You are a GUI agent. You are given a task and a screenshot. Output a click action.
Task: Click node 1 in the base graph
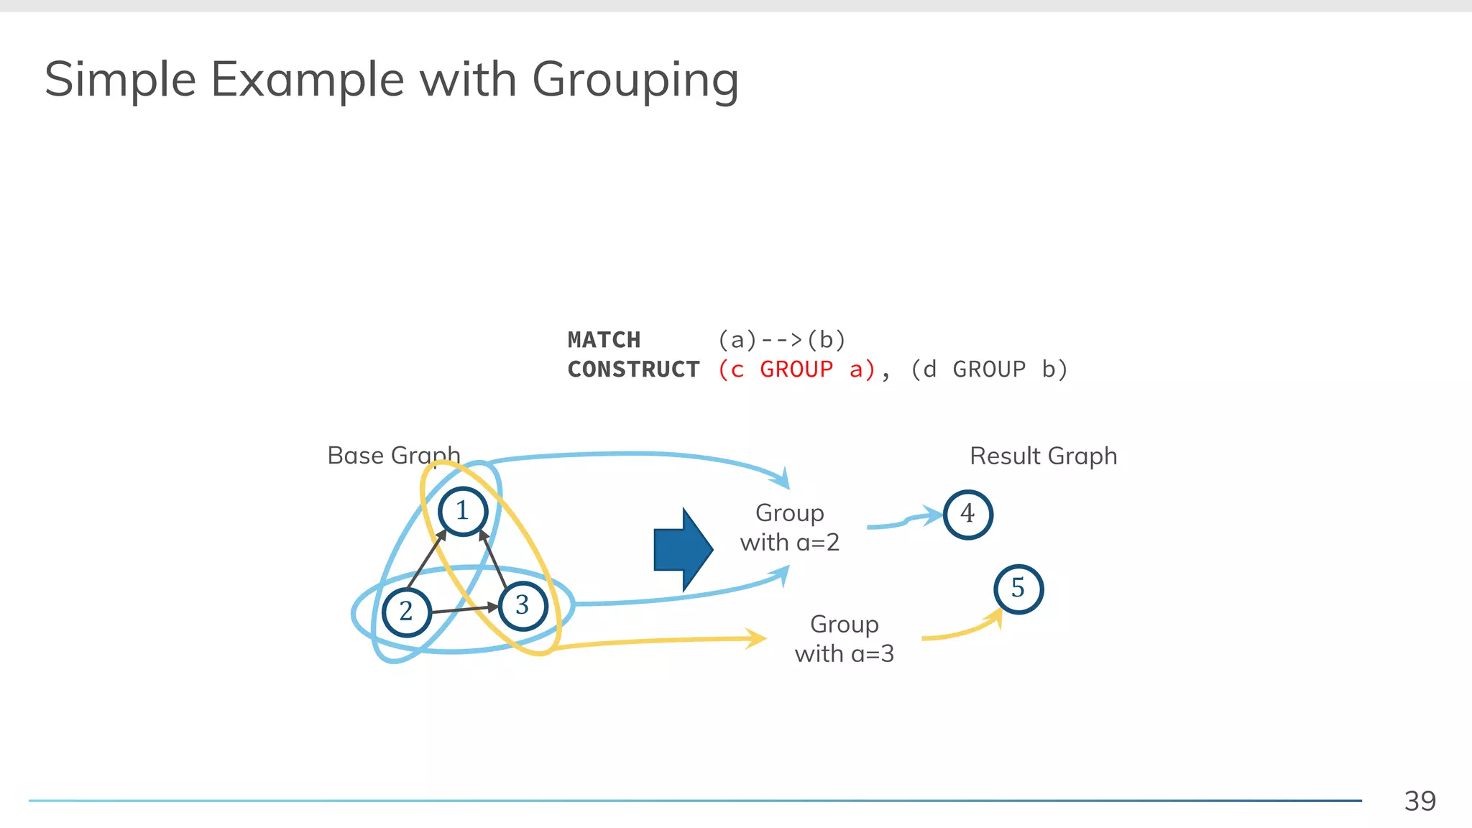(463, 511)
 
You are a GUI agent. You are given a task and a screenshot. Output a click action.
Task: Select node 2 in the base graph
(406, 612)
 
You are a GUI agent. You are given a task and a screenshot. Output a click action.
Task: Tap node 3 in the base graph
(523, 606)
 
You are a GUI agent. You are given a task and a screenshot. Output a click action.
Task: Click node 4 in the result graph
(967, 515)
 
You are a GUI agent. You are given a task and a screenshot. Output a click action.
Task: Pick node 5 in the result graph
(1018, 589)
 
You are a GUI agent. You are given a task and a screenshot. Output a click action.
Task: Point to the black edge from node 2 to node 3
(464, 609)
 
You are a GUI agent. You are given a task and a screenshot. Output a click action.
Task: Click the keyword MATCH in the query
(604, 339)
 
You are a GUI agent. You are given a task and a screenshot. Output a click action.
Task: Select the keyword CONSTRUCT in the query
(633, 369)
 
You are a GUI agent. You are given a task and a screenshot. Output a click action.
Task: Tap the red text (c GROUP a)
(796, 369)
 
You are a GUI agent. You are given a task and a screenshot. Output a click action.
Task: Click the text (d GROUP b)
(989, 369)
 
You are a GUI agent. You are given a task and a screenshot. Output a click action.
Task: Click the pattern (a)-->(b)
(782, 339)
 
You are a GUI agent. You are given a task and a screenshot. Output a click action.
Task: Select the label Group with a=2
(789, 528)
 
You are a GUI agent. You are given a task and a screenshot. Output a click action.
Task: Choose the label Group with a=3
(844, 639)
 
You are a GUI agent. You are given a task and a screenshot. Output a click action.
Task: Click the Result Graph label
(1043, 456)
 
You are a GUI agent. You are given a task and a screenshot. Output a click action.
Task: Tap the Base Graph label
(393, 456)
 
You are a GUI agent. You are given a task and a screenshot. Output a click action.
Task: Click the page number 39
(1420, 801)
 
